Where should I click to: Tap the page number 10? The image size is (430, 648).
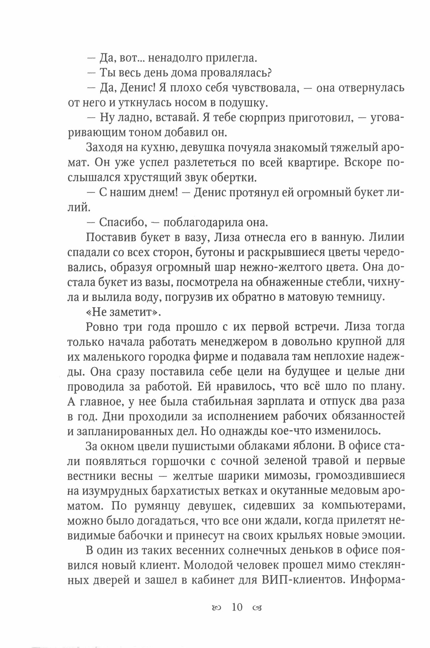237,607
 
